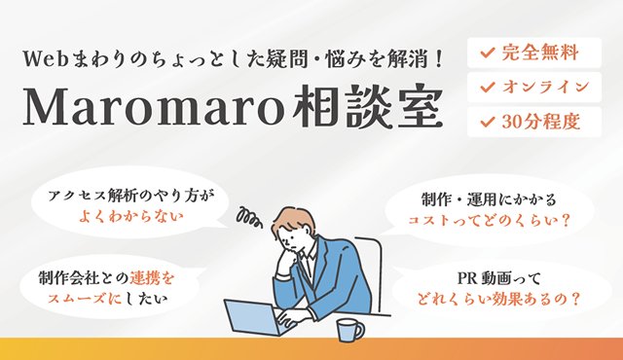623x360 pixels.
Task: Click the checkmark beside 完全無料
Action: [485, 52]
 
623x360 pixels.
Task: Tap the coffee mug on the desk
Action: [349, 329]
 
